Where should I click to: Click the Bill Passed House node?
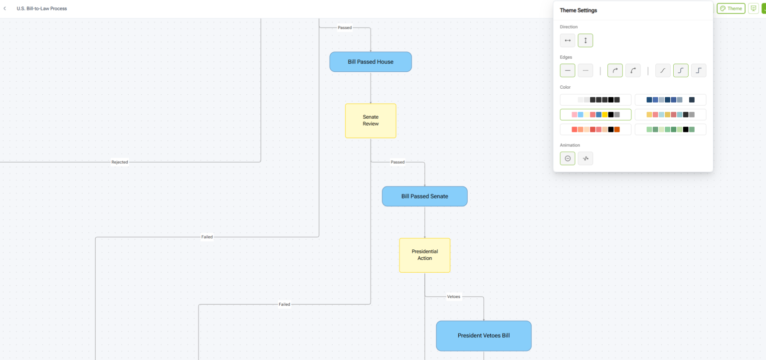coord(371,62)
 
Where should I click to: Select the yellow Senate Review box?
coord(371,121)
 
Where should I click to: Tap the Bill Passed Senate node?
coord(424,196)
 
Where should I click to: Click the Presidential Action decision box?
coord(424,255)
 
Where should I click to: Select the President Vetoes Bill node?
coord(483,336)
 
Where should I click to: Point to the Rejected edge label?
coord(120,162)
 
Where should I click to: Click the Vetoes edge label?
coord(454,297)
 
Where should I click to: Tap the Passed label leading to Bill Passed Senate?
coord(397,162)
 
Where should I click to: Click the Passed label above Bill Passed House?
coord(345,27)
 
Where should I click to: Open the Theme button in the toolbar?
coord(731,8)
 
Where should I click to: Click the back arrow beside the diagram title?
coord(5,8)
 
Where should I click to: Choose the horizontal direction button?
coord(568,40)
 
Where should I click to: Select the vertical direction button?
coord(585,40)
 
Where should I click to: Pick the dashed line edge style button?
coord(585,71)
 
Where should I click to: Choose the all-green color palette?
coord(670,130)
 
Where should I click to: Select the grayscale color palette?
coord(595,100)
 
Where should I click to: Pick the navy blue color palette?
coord(670,100)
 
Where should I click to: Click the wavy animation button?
coord(585,159)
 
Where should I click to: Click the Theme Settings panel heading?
coord(578,10)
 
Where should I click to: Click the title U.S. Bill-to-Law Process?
coord(42,8)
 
